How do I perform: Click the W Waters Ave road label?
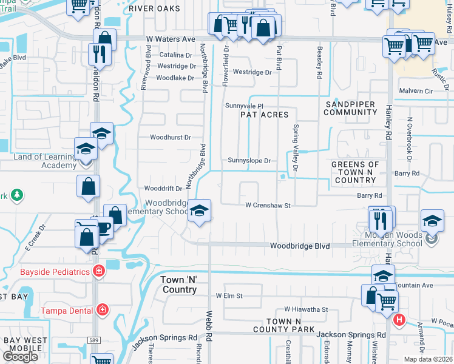pyautogui.click(x=165, y=39)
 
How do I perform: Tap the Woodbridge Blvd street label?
pyautogui.click(x=299, y=246)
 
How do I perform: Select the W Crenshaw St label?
pyautogui.click(x=268, y=206)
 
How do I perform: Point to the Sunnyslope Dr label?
pyautogui.click(x=248, y=161)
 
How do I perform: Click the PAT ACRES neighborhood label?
pyautogui.click(x=264, y=115)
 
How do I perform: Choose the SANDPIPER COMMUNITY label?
pyautogui.click(x=355, y=109)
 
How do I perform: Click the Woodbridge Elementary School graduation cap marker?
pyautogui.click(x=199, y=211)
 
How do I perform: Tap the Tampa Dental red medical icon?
pyautogui.click(x=103, y=311)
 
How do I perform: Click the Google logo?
pyautogui.click(x=20, y=357)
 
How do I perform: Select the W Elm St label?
pyautogui.click(x=229, y=296)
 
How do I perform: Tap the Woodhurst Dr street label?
pyautogui.click(x=171, y=138)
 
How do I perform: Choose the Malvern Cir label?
pyautogui.click(x=415, y=91)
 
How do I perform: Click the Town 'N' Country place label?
pyautogui.click(x=179, y=285)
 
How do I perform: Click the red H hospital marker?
pyautogui.click(x=399, y=319)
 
